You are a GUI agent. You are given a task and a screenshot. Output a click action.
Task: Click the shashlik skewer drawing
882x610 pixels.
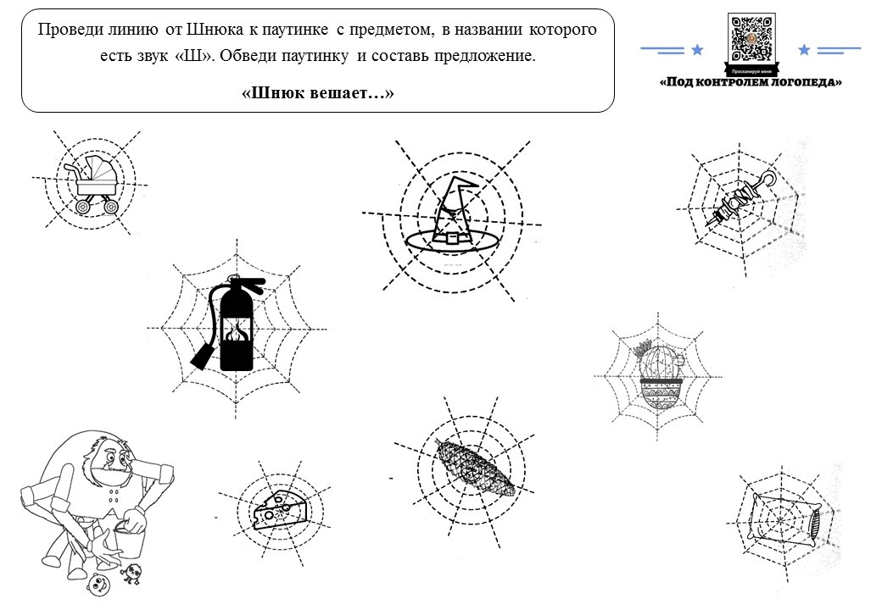(x=741, y=200)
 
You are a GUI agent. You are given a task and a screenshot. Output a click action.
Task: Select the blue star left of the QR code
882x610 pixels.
(x=697, y=50)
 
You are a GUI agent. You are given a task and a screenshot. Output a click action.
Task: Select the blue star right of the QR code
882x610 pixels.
(x=804, y=50)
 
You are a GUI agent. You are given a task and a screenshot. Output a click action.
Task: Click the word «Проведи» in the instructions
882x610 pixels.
(x=66, y=30)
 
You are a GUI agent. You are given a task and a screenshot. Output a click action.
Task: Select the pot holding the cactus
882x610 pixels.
(x=659, y=395)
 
